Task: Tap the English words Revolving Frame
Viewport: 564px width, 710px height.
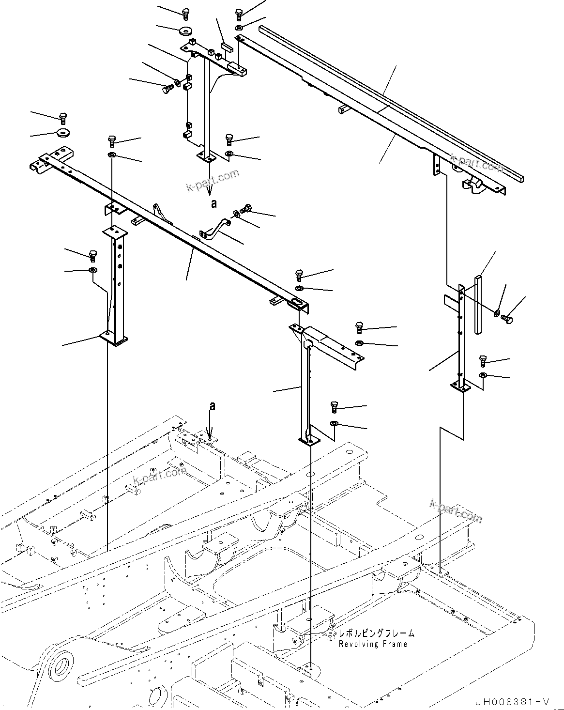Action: [x=373, y=644]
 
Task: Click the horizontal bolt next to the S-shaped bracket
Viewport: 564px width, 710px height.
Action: [x=246, y=209]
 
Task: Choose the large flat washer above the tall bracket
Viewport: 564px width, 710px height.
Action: [x=184, y=31]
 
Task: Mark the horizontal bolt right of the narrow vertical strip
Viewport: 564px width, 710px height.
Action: [x=507, y=319]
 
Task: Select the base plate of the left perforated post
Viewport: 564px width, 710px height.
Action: [x=114, y=337]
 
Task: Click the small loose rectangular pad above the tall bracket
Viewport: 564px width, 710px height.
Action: [x=227, y=45]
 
